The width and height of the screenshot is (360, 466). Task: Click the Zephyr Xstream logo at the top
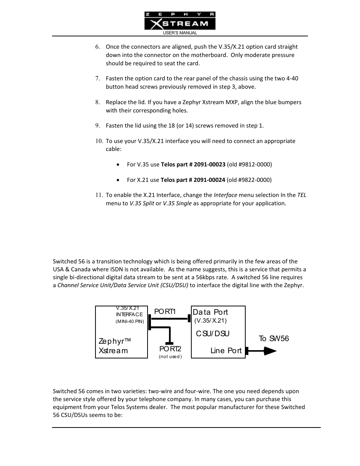click(180, 21)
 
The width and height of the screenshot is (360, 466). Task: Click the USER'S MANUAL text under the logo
click(180, 33)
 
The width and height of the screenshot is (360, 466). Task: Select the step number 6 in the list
click(97, 47)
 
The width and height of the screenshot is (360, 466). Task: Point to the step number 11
click(98, 195)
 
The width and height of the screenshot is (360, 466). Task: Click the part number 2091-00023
click(209, 165)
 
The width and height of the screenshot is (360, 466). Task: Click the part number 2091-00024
click(209, 180)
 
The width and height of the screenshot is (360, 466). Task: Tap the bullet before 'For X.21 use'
click(118, 180)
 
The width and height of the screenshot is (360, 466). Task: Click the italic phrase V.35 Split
click(142, 203)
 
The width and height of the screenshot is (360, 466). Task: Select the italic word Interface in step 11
click(225, 195)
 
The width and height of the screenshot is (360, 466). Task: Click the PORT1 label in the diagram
click(165, 312)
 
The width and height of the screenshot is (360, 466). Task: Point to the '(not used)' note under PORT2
click(170, 357)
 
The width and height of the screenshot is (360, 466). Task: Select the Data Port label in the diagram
click(210, 312)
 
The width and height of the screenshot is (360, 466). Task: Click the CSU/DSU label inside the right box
click(212, 334)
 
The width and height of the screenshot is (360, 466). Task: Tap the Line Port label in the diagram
click(226, 351)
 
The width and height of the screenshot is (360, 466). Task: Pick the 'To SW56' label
click(274, 338)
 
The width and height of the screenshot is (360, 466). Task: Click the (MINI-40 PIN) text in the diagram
click(130, 321)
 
